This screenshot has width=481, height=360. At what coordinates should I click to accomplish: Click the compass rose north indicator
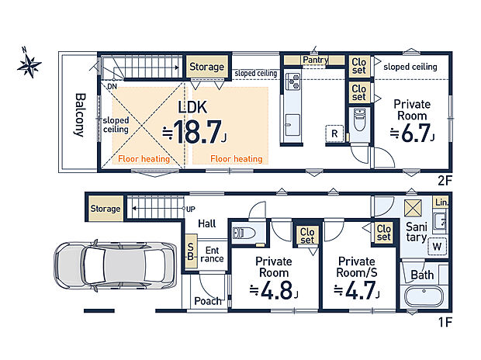tap(29, 64)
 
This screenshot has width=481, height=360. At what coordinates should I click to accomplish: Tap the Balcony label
tap(80, 115)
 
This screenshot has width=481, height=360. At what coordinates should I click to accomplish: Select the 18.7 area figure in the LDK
tap(197, 132)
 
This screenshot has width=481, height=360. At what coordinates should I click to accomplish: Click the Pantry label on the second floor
tap(315, 60)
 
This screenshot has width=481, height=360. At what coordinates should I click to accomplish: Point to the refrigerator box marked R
tap(334, 133)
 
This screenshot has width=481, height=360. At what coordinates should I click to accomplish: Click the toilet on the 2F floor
tap(359, 119)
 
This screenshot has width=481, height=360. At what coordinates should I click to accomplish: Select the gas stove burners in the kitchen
tap(292, 81)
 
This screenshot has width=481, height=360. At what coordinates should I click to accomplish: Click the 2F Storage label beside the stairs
tap(206, 67)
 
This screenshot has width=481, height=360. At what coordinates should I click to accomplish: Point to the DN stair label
tap(112, 87)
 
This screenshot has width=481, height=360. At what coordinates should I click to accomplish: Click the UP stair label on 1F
tap(191, 209)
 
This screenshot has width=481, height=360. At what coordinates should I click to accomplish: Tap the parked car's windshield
tap(95, 265)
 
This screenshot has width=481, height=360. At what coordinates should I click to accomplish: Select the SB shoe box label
tap(191, 251)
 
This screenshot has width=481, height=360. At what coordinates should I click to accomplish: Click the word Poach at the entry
tap(208, 301)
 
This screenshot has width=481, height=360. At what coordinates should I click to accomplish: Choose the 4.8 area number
tap(276, 290)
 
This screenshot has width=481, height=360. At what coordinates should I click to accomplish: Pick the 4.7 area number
tap(361, 290)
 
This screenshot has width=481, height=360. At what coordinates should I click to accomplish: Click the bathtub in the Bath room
tap(424, 296)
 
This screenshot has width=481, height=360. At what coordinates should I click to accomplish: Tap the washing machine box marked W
tap(437, 246)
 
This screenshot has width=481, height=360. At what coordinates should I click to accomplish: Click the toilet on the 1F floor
tap(244, 233)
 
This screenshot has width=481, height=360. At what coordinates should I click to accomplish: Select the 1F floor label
tap(445, 322)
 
